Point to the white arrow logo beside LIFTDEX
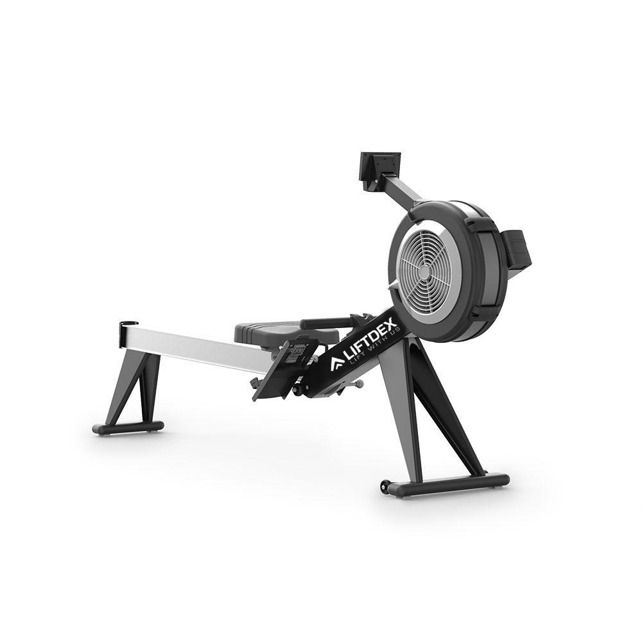[336, 365]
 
